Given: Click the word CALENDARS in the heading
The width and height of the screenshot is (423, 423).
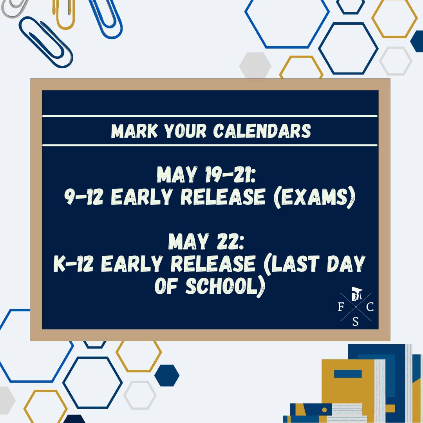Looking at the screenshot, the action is click(x=262, y=131).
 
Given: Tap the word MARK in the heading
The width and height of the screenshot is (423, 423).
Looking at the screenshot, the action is click(x=134, y=131).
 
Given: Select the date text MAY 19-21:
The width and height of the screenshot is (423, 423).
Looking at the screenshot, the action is click(x=206, y=175).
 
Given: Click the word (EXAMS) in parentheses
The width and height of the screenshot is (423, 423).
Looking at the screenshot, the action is click(x=314, y=197).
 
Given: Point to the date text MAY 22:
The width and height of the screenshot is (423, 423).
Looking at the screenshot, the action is click(x=206, y=241).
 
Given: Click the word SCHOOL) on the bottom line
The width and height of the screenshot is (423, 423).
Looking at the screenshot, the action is click(x=225, y=286).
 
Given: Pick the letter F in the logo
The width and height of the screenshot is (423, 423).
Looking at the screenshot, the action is click(x=341, y=307).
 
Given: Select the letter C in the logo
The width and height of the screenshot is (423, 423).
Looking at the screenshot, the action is click(x=370, y=307).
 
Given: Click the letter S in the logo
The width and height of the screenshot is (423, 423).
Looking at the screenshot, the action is click(x=355, y=322).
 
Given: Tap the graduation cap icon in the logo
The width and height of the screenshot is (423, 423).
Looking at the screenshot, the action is click(x=357, y=293).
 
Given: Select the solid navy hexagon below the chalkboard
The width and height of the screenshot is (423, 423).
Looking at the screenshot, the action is click(x=167, y=375).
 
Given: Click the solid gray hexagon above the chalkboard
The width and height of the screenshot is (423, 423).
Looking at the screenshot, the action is click(x=255, y=65).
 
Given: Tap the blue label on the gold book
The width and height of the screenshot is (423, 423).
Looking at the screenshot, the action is click(x=348, y=374).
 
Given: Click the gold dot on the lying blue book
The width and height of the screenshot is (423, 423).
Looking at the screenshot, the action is click(x=325, y=410).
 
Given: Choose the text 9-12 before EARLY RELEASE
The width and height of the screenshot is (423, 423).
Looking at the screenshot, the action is click(x=84, y=197).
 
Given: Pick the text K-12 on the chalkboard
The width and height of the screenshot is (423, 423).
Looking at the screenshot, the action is click(x=73, y=264).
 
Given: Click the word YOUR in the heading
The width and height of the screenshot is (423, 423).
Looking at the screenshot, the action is click(x=185, y=131).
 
